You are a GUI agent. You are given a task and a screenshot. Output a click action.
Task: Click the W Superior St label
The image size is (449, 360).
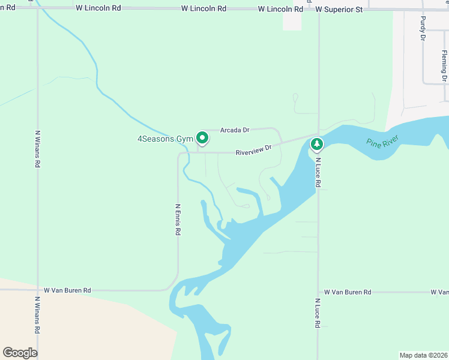339,10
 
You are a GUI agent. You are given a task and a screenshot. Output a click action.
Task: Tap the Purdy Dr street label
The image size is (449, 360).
423,28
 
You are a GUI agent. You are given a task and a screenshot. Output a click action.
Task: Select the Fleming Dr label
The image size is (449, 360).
444,66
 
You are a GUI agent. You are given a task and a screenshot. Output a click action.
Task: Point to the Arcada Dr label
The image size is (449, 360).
235,130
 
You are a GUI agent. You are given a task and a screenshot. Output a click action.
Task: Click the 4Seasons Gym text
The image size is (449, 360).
164,139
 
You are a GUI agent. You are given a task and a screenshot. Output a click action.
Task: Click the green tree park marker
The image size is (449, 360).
316,144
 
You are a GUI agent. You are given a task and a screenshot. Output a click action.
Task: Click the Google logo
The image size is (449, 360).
20,353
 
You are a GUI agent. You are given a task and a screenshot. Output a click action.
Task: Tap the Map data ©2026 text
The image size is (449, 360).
423,355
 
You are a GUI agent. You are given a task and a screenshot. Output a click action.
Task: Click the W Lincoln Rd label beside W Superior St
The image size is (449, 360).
280,10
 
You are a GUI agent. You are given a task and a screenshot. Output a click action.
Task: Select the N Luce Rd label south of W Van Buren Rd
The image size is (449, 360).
318,313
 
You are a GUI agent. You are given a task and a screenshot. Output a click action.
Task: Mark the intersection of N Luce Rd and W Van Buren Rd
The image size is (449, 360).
318,292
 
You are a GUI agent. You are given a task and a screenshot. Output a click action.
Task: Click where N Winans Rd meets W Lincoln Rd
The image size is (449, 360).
38,8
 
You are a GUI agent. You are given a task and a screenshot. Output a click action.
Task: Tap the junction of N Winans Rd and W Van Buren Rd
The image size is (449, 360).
38,290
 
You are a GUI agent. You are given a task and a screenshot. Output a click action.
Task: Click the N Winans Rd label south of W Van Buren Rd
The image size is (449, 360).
38,316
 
